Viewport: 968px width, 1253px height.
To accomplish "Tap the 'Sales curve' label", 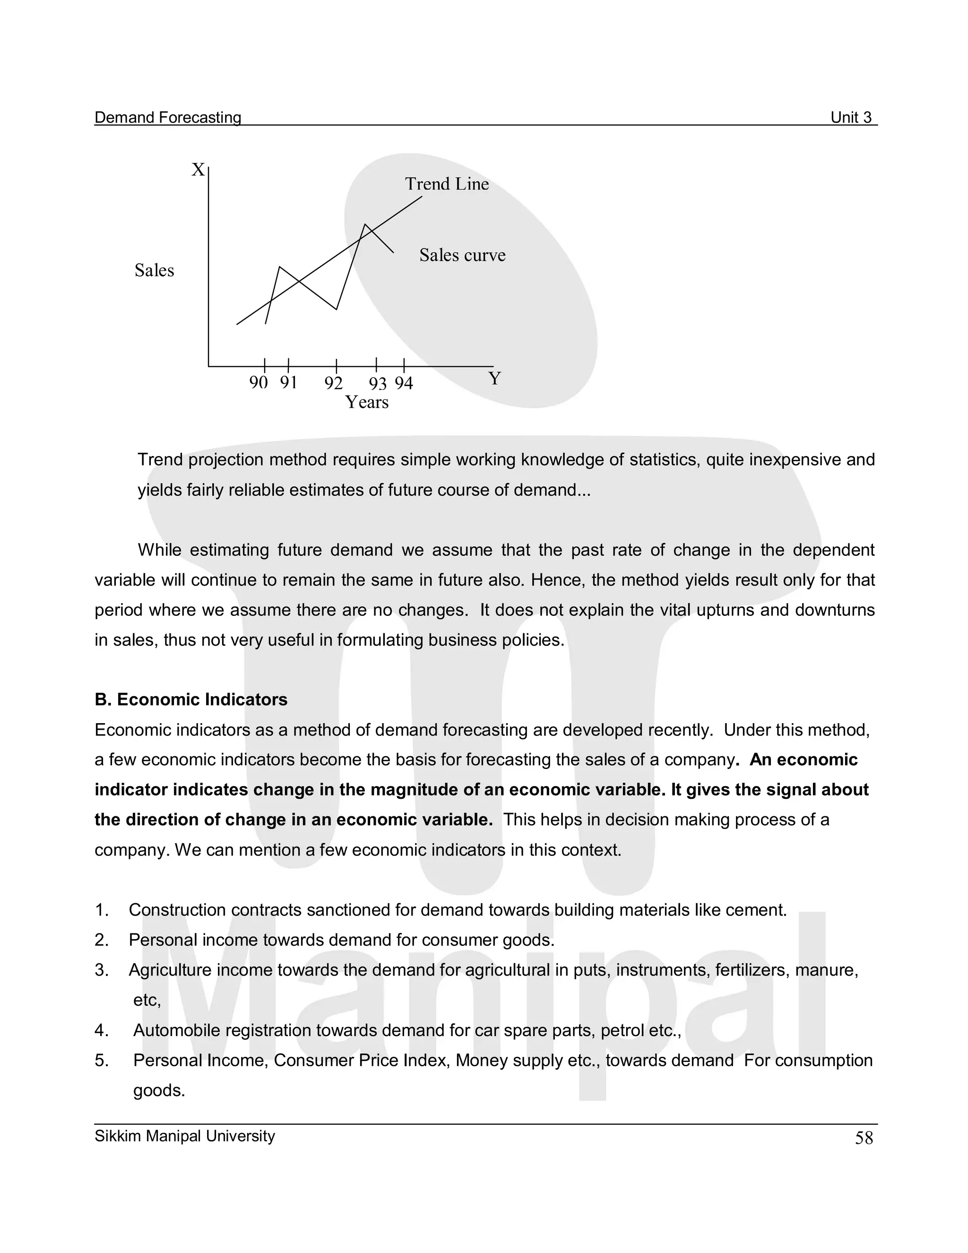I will click(x=462, y=255).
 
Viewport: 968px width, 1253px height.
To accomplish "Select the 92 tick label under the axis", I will click(x=333, y=383).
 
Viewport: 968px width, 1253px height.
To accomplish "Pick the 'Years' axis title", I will click(x=367, y=403).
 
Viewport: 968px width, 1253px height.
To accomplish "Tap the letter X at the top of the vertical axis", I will click(x=198, y=170).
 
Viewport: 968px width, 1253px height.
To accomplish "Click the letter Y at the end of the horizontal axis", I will click(x=494, y=379).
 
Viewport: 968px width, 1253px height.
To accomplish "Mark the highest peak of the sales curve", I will click(x=365, y=225).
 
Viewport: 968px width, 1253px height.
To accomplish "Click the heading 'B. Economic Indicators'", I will click(x=190, y=700).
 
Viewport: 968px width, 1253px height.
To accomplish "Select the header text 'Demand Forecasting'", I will click(x=167, y=118).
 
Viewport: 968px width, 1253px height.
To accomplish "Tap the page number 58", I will click(x=864, y=1138).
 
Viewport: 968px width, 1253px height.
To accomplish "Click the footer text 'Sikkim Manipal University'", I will click(x=184, y=1136).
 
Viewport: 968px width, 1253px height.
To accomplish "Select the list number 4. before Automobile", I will click(x=101, y=1030).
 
